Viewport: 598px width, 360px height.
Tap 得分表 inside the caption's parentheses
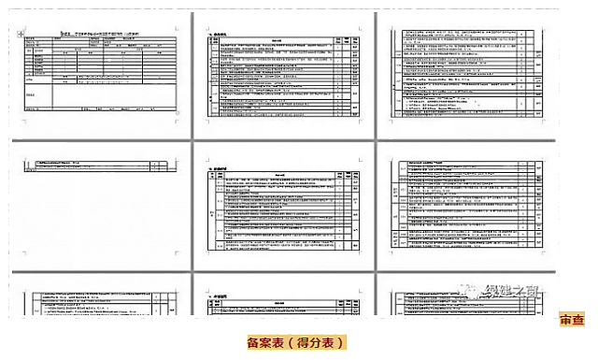315,343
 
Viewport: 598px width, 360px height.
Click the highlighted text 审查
572,321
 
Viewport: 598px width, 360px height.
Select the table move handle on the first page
21,34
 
